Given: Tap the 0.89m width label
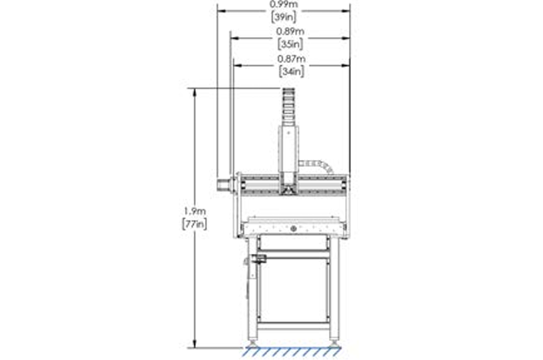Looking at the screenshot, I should (x=291, y=32).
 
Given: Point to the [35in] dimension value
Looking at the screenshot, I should (x=291, y=44).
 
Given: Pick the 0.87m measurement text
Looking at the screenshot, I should (x=291, y=59).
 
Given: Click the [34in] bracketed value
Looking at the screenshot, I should (x=291, y=72).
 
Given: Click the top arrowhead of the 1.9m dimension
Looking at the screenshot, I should (x=194, y=90).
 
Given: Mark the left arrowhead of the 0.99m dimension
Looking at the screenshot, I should (x=221, y=10).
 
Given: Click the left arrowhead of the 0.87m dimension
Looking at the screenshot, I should (x=236, y=65).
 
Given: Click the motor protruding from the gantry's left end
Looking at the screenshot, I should (x=225, y=184).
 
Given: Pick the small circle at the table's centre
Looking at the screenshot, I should (x=293, y=228).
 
